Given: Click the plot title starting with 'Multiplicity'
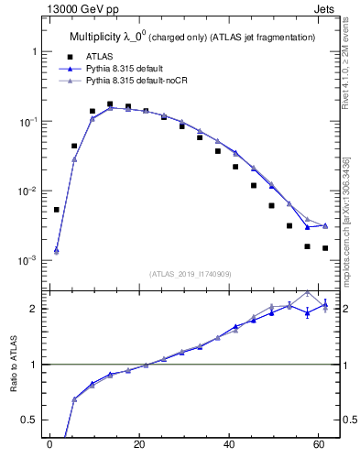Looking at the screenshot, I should [192, 37].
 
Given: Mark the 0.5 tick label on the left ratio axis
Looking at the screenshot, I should [28, 420].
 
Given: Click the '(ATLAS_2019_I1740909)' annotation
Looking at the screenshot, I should [192, 274].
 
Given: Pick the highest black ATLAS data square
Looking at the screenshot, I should [110, 104].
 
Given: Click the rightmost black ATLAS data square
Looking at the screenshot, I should [325, 248].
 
